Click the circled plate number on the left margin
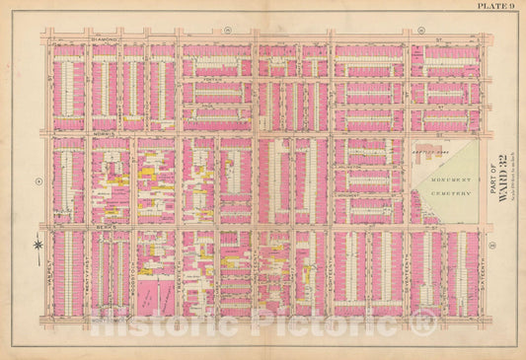37,180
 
